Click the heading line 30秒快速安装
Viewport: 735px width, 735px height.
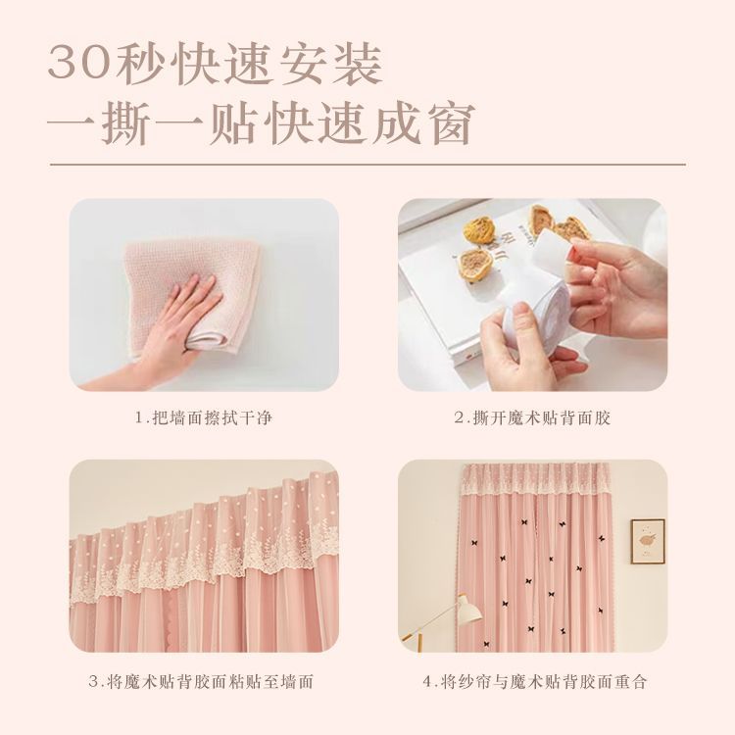coord(215,65)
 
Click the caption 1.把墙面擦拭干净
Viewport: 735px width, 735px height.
coord(204,417)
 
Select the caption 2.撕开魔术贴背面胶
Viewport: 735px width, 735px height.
coord(532,417)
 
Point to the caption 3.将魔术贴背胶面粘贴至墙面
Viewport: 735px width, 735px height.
coord(201,681)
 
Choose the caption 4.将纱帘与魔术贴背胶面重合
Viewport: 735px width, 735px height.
coord(535,681)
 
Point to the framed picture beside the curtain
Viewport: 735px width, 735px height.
coord(648,541)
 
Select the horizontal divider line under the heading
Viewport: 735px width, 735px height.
coord(367,165)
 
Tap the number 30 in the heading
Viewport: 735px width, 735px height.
coord(78,66)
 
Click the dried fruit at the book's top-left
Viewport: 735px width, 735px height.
coord(477,231)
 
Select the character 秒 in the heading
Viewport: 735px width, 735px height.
coord(138,65)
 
